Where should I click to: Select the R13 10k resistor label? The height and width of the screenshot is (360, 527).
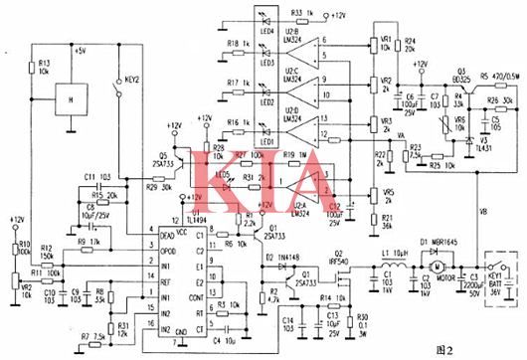click(44, 69)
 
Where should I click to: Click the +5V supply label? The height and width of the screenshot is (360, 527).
click(88, 48)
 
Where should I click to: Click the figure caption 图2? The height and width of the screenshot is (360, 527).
click(480, 348)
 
